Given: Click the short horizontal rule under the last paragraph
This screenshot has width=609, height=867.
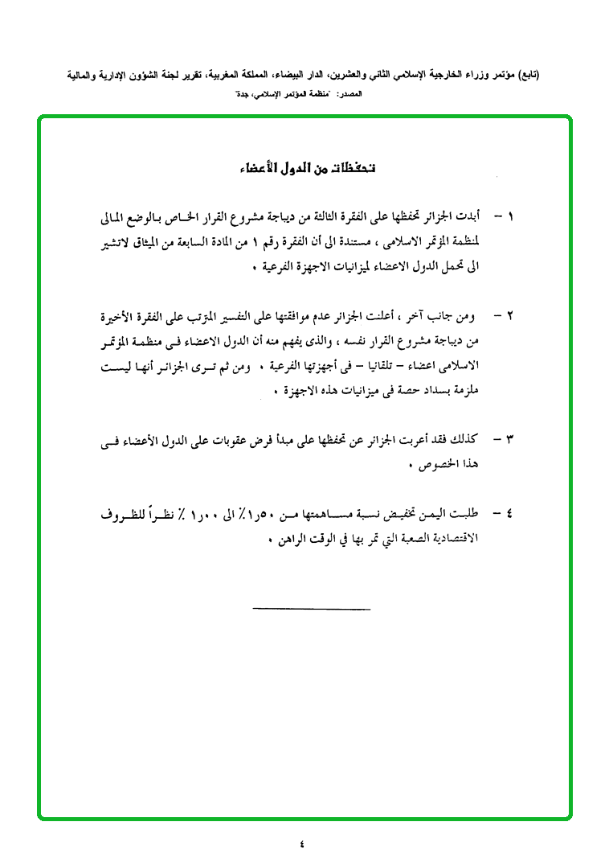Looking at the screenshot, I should [311, 608].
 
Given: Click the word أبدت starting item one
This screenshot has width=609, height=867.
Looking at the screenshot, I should [466, 217].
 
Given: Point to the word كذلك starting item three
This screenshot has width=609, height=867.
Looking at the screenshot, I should [466, 439].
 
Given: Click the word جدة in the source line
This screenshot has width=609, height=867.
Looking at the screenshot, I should [239, 95].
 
